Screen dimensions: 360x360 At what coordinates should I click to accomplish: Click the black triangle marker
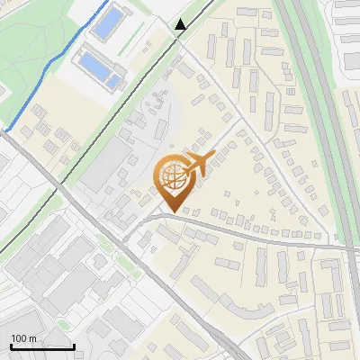pyautogui.click(x=181, y=25)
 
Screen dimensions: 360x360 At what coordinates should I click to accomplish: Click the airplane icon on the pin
pyautogui.click(x=197, y=165)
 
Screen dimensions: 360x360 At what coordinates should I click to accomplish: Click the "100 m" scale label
pyautogui.click(x=24, y=338)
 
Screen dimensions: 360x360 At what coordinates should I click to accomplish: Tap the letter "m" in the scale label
pyautogui.click(x=33, y=338)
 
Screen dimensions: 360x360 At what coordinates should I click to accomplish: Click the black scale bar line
pyautogui.click(x=42, y=347)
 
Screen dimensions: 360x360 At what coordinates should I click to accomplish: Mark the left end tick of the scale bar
pyautogui.click(x=11, y=346)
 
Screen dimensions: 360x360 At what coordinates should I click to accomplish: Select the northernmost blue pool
pyautogui.click(x=107, y=24)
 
